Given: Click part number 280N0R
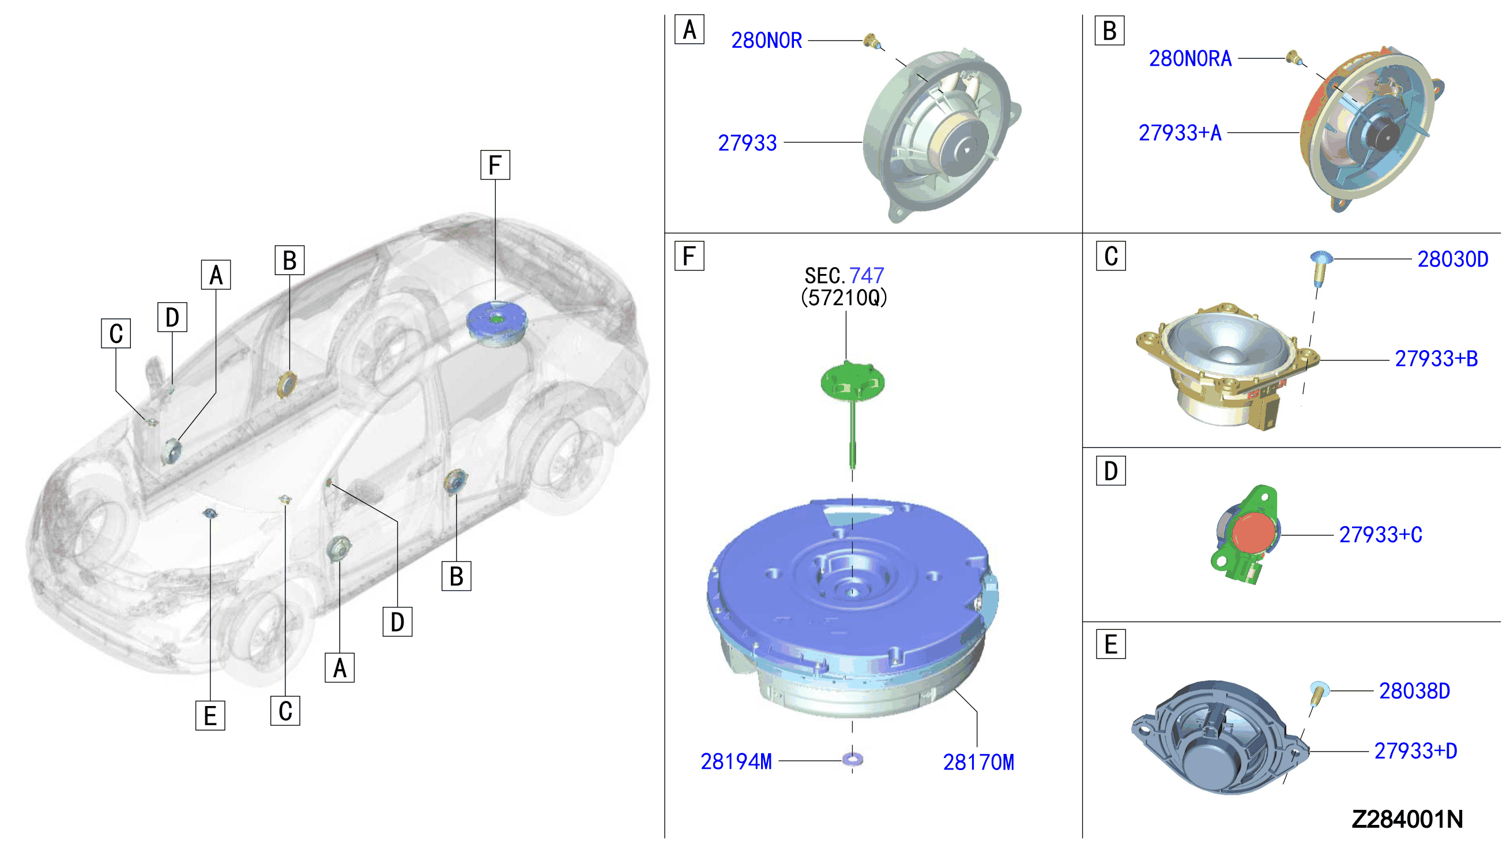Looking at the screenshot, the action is coord(766,40).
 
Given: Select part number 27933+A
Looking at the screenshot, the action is coord(1180,133).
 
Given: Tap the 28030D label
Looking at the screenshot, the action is coord(1452,259).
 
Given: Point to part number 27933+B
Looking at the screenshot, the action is coord(1436,359).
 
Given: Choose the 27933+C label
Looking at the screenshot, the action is coord(1380,535).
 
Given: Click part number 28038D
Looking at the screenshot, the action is coord(1414,691).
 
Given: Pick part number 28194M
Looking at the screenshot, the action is coord(736,761).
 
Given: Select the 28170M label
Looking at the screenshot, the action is coord(978,763).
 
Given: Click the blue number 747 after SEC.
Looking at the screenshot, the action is coord(866,275).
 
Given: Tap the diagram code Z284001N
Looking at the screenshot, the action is coord(1407,819).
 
